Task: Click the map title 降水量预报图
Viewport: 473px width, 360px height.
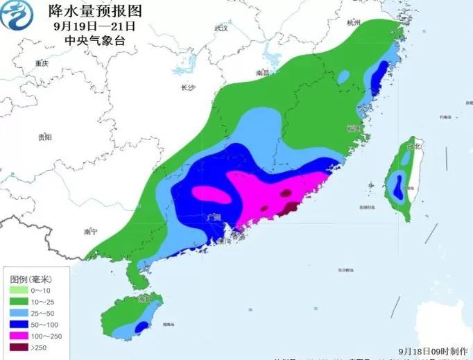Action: tap(95, 11)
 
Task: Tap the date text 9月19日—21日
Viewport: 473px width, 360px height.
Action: tap(94, 26)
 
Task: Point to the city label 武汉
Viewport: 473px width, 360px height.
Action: tap(221, 28)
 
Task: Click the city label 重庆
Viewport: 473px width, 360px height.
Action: tap(42, 63)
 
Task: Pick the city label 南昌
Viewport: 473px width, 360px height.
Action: tap(262, 72)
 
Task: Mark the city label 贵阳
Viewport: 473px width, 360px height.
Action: tap(45, 137)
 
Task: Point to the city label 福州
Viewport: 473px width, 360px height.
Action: tap(354, 129)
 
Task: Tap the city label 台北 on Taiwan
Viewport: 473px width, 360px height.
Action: tap(414, 148)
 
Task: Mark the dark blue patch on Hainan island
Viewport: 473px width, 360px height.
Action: tap(141, 326)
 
